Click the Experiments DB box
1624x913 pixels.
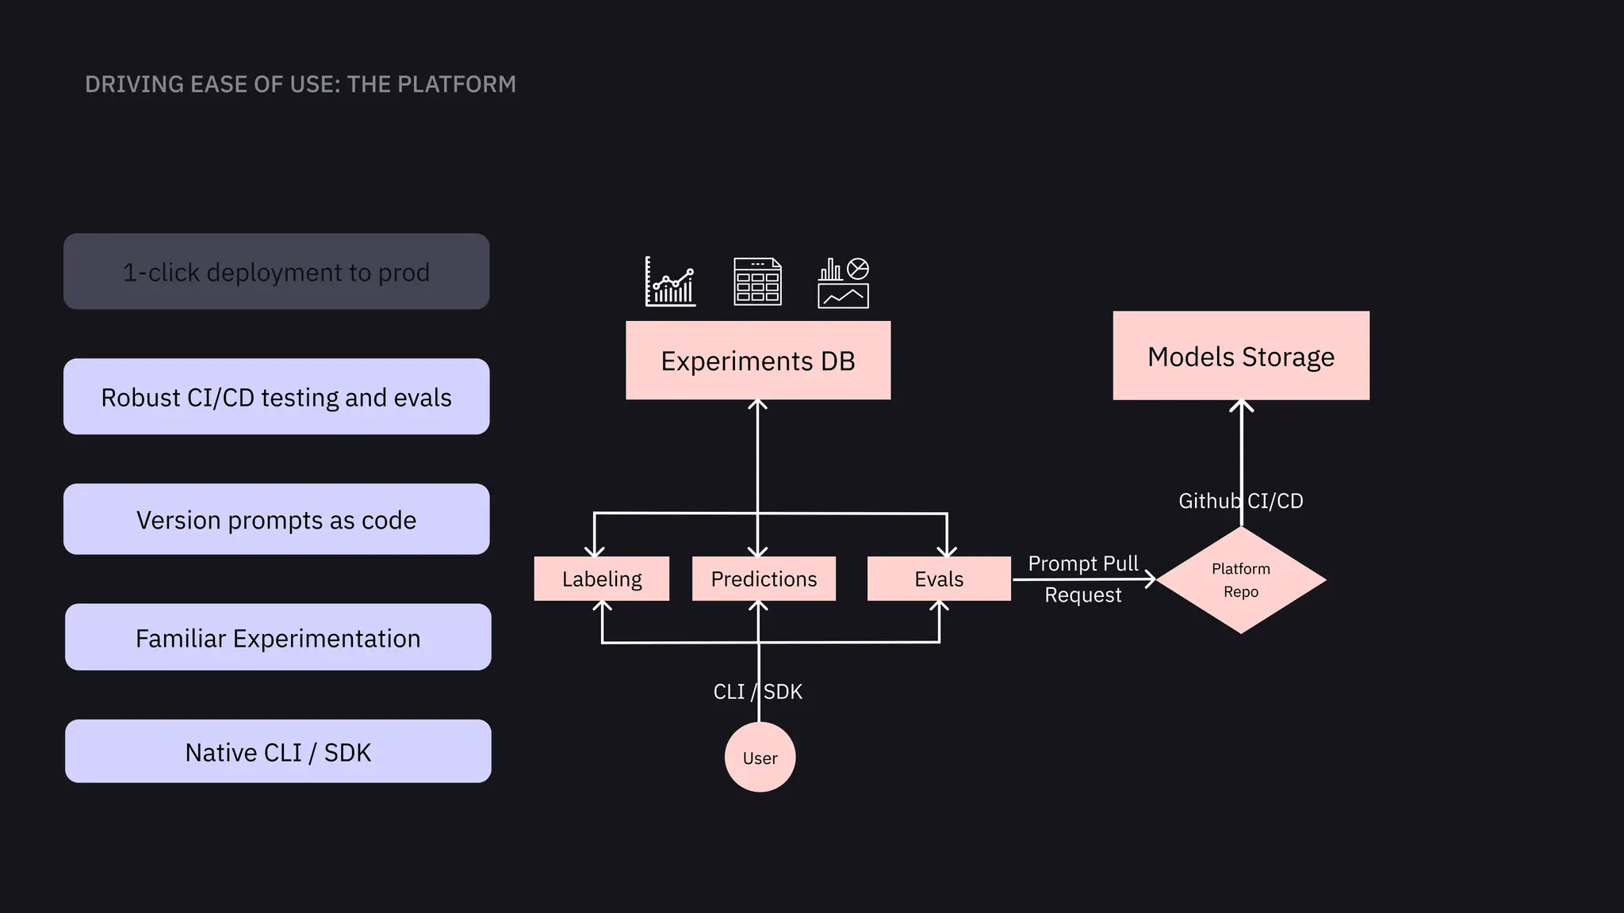(757, 361)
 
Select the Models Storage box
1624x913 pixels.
(1240, 356)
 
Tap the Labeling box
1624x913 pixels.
(601, 579)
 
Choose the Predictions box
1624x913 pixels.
(763, 579)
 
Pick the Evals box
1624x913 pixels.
(938, 579)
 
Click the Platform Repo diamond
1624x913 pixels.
(1240, 580)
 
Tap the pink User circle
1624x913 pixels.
(760, 758)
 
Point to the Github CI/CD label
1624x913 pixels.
(1240, 501)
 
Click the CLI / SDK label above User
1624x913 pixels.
(757, 692)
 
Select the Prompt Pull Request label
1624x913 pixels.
(1082, 579)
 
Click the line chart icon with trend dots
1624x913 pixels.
(670, 281)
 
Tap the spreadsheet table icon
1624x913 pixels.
(757, 281)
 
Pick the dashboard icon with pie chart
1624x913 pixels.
(843, 282)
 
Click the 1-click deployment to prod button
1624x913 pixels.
(276, 272)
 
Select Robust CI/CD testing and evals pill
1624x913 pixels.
(276, 397)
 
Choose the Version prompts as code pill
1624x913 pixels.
(276, 520)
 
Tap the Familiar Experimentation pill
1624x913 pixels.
(278, 638)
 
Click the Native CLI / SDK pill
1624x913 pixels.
(278, 752)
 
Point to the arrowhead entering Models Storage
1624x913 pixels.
(1241, 406)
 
